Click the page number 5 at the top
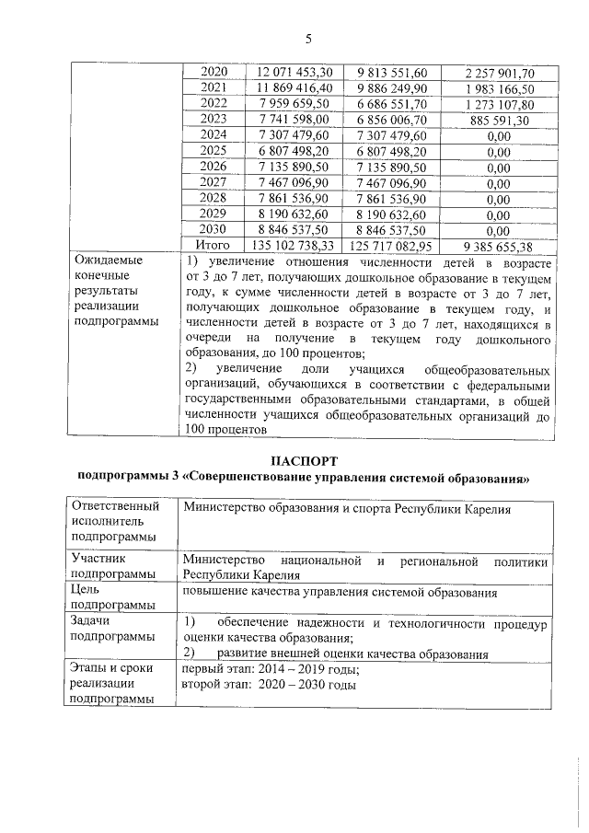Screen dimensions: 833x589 pos(308,38)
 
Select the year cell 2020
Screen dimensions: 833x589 pos(214,72)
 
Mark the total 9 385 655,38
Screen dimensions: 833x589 pos(498,246)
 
